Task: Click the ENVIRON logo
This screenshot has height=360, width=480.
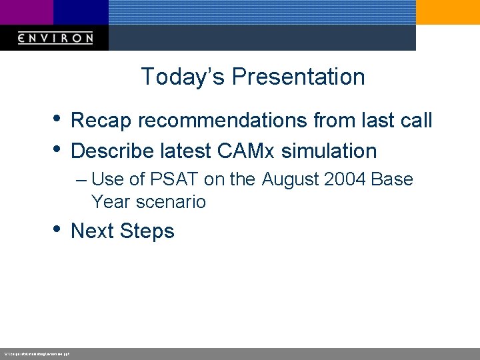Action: (55, 38)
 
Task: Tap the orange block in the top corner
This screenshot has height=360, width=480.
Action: (447, 12)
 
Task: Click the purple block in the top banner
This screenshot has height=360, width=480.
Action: (27, 12)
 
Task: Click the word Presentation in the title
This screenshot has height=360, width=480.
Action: (299, 77)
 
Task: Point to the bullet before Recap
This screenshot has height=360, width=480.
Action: (58, 119)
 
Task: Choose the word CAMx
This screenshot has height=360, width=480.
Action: (245, 151)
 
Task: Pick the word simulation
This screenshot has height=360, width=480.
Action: (329, 151)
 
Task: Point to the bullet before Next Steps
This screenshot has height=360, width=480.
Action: (58, 229)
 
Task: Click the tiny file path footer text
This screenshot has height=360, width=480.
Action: (37, 353)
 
